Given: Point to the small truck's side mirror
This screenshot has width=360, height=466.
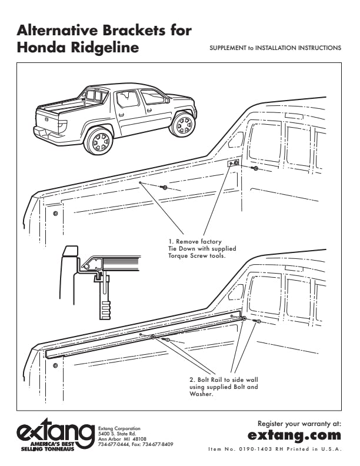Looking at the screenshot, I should pyautogui.click(x=168, y=101).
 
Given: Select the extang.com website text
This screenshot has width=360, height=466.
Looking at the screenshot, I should pyautogui.click(x=294, y=435).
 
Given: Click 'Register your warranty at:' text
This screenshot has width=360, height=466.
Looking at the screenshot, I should pyautogui.click(x=299, y=423).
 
